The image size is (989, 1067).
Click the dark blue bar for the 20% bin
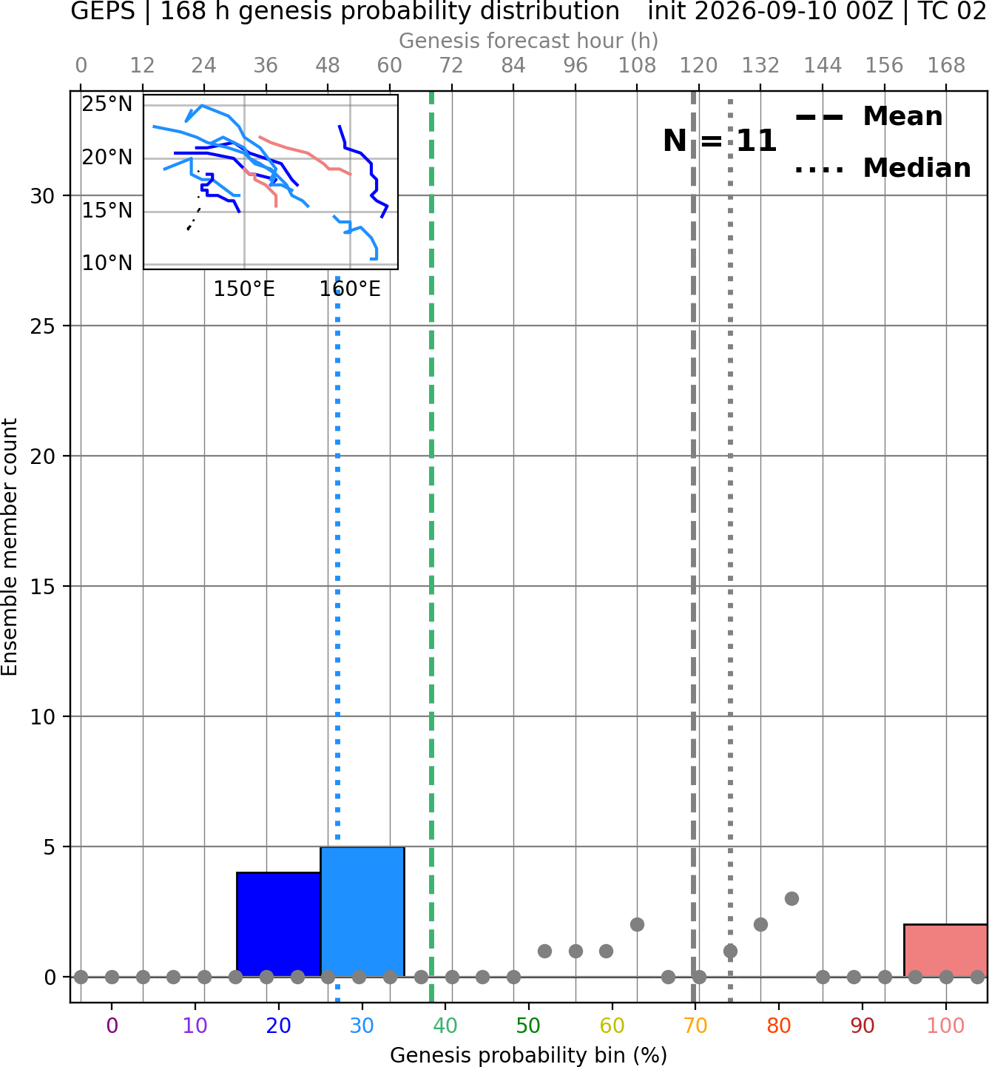[x=279, y=925]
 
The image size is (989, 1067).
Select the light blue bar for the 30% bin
[x=362, y=912]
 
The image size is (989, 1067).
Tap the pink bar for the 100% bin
[x=945, y=950]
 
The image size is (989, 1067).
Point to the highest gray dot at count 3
[x=791, y=899]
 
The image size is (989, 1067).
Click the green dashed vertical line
[x=431, y=546]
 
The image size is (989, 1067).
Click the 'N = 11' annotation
[x=719, y=141]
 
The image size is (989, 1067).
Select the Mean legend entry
[x=868, y=117]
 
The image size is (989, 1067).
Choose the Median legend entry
[x=882, y=168]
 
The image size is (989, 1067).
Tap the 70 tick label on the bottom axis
[x=695, y=1026]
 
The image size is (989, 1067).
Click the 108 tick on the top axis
[x=637, y=66]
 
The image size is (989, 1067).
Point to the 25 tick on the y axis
[x=42, y=326]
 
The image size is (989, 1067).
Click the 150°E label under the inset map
[x=244, y=289]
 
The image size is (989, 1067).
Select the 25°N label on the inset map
[x=107, y=104]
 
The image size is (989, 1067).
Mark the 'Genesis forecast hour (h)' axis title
[x=529, y=41]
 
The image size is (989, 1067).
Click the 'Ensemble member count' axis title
[x=10, y=546]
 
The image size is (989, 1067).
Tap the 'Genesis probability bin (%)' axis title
[x=529, y=1055]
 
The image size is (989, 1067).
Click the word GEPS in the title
[x=103, y=11]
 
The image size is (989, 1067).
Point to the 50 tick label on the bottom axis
[x=528, y=1026]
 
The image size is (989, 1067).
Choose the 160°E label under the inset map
[x=350, y=289]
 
